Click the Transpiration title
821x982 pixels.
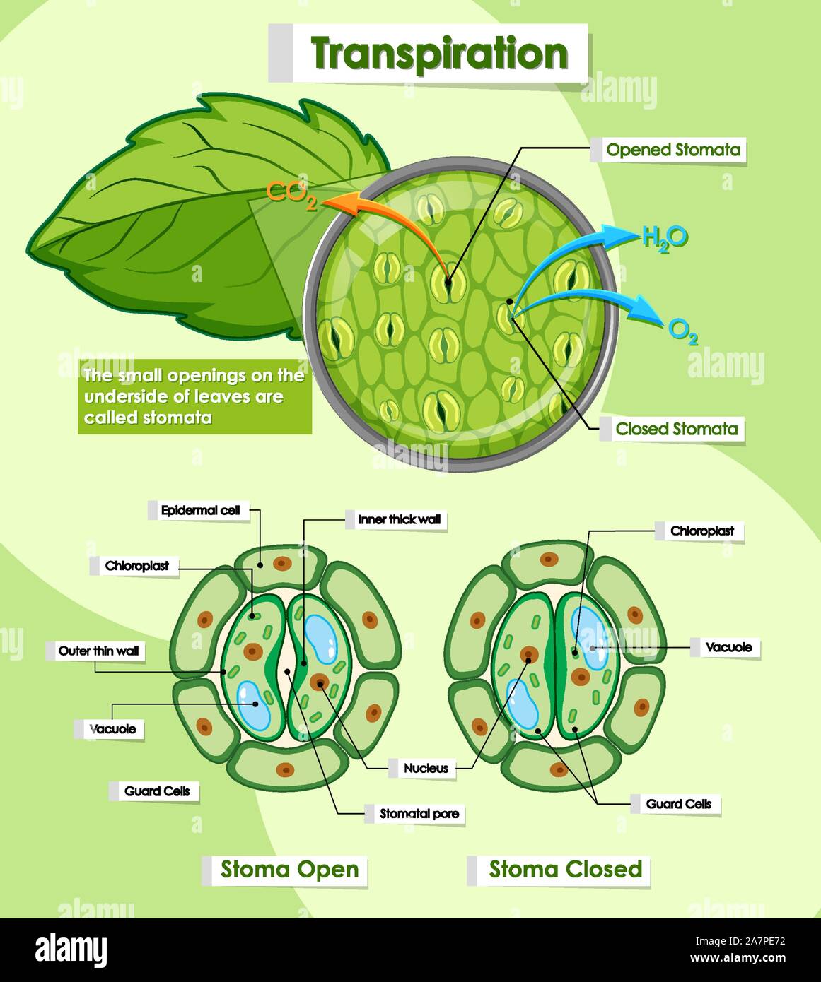pos(439,54)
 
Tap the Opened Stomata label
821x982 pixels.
pos(673,150)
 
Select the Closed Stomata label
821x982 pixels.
pos(677,429)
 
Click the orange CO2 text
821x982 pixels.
pos(291,194)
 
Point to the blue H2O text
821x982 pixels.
pos(665,239)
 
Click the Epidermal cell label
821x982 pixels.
pos(201,510)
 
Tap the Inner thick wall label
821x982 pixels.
pos(400,520)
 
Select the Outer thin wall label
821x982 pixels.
pos(98,651)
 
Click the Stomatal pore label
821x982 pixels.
pos(419,814)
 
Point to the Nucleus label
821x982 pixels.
pos(426,769)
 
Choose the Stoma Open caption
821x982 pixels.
pos(289,869)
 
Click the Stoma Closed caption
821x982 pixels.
pos(566,869)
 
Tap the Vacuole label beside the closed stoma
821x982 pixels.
pos(729,648)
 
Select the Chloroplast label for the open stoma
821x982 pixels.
pos(136,566)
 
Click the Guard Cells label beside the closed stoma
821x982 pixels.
pos(678,804)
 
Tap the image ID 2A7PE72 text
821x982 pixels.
pos(740,941)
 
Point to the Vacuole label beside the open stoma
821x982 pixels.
pos(112,730)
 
